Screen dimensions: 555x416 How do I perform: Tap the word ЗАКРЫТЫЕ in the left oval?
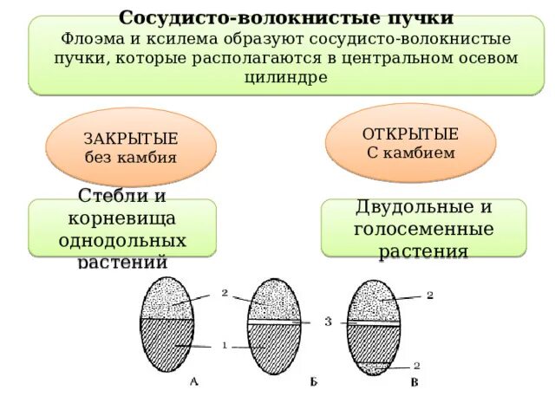(131, 140)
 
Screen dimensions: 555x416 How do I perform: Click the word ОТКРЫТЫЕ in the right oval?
(409, 135)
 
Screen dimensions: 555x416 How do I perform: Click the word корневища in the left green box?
(121, 218)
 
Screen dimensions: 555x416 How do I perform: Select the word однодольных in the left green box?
(121, 238)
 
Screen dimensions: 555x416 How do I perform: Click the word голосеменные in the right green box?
(423, 230)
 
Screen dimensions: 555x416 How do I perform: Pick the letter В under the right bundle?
(415, 383)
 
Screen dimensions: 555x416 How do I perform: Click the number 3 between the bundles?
(328, 322)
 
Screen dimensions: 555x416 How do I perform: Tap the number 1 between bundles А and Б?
(224, 345)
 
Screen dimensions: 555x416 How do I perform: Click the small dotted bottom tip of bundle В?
(374, 367)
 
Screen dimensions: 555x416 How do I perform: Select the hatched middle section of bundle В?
(374, 342)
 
